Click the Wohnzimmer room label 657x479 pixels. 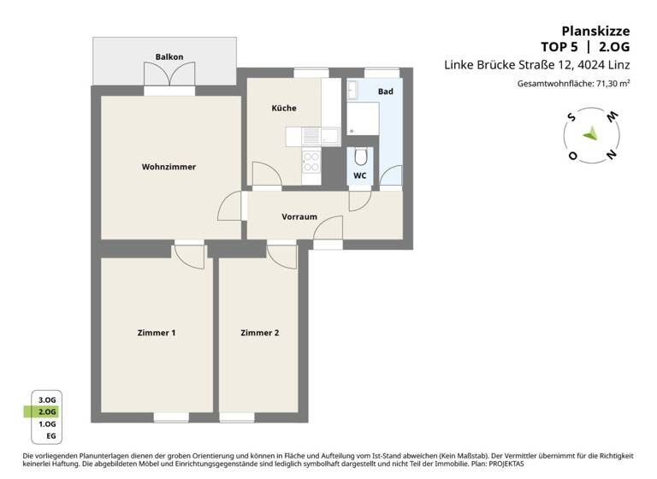click(x=169, y=167)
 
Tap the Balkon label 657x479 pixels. click(x=169, y=57)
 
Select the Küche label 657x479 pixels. click(x=284, y=108)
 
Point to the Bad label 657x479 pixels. click(x=385, y=91)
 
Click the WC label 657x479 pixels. click(x=360, y=175)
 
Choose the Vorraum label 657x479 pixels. click(x=299, y=216)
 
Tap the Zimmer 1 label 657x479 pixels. click(x=157, y=333)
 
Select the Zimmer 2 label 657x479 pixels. click(x=259, y=333)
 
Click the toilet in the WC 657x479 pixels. click(x=361, y=157)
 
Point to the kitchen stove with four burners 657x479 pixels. click(x=311, y=159)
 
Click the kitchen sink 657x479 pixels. click(x=314, y=135)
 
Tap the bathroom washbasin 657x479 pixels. click(x=355, y=89)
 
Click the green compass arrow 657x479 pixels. click(x=590, y=133)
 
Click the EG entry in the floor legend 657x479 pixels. click(x=50, y=435)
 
